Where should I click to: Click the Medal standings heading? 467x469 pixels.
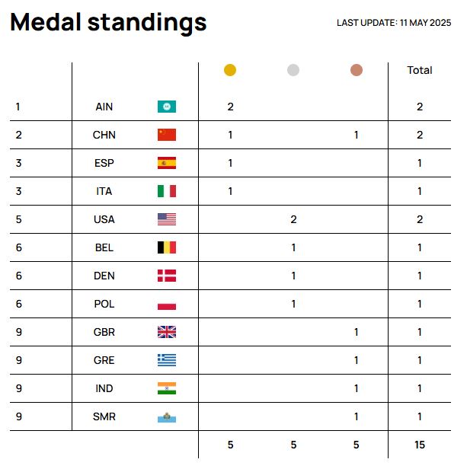[108, 23]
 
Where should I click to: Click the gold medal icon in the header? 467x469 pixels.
[230, 70]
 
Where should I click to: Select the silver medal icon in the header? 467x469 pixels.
[293, 70]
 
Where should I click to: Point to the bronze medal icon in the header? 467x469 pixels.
[357, 70]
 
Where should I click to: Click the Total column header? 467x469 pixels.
[420, 70]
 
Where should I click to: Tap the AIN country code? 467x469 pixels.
[104, 107]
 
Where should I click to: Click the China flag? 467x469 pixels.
[166, 135]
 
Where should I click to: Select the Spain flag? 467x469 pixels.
[166, 163]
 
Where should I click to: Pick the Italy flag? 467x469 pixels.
[166, 191]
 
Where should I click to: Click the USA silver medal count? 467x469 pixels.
[293, 219]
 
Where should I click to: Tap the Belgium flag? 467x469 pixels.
[166, 247]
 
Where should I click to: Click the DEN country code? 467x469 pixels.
[104, 276]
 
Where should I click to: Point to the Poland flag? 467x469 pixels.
[166, 304]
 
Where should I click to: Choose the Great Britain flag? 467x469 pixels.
[166, 332]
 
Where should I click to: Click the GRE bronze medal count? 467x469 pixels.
[357, 360]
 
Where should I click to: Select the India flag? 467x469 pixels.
[166, 388]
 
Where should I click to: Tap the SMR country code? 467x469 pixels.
[104, 416]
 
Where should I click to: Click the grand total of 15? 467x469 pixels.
[420, 445]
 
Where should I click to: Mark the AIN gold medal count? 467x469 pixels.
[230, 107]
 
